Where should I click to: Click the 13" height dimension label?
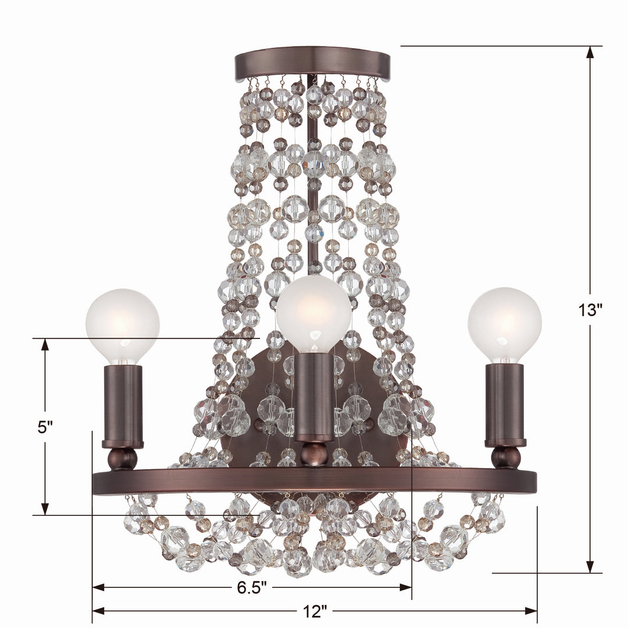(590, 310)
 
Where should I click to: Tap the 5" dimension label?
(45, 426)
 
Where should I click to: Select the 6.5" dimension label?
(252, 587)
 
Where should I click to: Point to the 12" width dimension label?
(315, 611)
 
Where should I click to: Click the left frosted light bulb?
(122, 326)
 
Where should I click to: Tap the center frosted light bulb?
(313, 313)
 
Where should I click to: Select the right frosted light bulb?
(504, 324)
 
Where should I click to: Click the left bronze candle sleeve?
(123, 404)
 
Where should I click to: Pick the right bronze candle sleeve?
(505, 404)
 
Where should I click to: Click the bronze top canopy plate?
(312, 63)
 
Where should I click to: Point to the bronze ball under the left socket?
(123, 459)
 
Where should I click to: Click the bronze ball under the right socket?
(505, 457)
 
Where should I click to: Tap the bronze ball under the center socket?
(314, 454)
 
